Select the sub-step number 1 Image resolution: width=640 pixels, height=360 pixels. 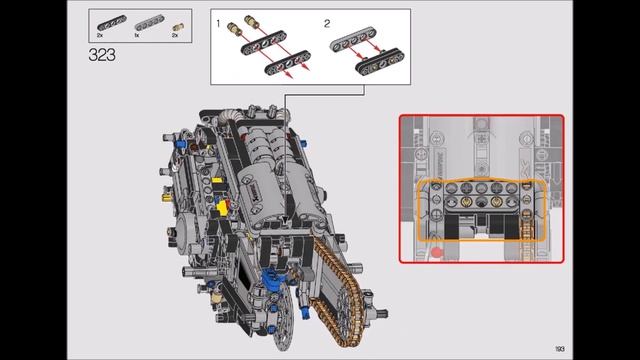click(219, 21)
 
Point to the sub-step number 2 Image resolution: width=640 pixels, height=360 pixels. click(327, 21)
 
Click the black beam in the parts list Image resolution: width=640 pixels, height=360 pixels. click(107, 20)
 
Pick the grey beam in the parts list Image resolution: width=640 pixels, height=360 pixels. click(140, 21)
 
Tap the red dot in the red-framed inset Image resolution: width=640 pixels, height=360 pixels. click(437, 253)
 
